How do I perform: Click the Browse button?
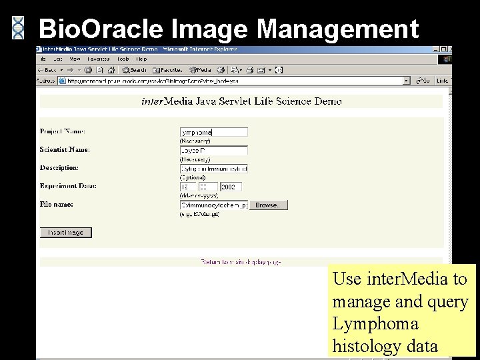(269, 205)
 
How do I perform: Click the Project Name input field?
(214, 132)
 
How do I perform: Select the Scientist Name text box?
(214, 151)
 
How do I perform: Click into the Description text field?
(214, 169)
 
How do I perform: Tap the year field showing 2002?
(231, 187)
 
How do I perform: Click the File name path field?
(214, 205)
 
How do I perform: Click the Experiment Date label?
(69, 186)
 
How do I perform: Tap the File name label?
(57, 204)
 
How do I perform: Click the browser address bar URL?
(233, 81)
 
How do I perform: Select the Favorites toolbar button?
(167, 69)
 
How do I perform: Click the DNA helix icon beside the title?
(19, 27)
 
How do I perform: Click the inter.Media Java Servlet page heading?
(241, 101)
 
